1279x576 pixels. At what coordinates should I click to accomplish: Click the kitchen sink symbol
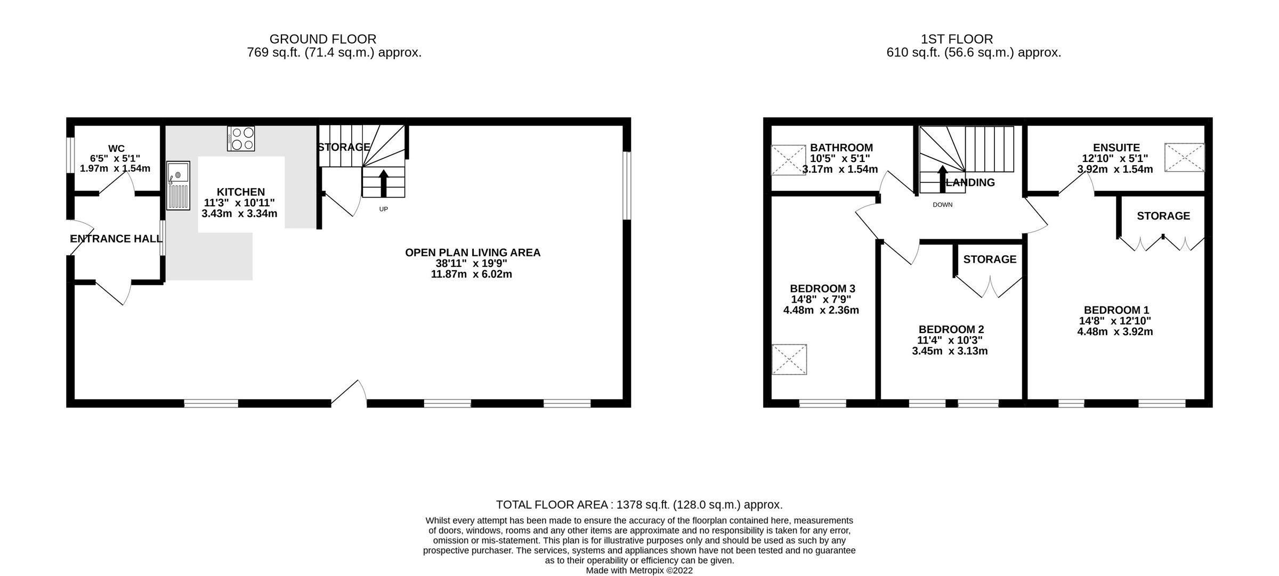click(178, 185)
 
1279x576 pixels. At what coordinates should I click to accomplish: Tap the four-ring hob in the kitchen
click(241, 139)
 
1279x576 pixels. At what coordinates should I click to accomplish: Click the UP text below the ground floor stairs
click(383, 209)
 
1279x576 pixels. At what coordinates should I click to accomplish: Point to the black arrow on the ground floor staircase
click(383, 183)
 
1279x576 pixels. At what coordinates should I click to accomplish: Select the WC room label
click(116, 149)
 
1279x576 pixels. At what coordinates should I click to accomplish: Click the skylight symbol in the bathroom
click(788, 160)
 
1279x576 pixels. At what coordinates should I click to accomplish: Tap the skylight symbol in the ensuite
click(1184, 157)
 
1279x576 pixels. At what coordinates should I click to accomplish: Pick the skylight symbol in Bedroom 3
click(789, 360)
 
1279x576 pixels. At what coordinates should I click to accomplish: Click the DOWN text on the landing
click(942, 205)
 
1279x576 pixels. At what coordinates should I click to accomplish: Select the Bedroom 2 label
click(951, 329)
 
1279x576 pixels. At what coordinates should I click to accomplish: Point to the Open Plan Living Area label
click(472, 253)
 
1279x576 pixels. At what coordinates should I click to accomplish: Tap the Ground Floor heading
click(322, 39)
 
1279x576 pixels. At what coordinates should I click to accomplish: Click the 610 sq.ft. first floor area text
click(973, 53)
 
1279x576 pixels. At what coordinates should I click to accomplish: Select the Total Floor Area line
click(639, 505)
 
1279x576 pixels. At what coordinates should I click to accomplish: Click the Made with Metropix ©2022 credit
click(639, 570)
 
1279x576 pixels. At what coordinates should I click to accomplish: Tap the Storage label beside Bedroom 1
click(1163, 216)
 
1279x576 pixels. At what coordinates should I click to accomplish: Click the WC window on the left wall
click(70, 156)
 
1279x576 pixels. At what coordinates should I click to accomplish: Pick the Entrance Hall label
click(116, 239)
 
